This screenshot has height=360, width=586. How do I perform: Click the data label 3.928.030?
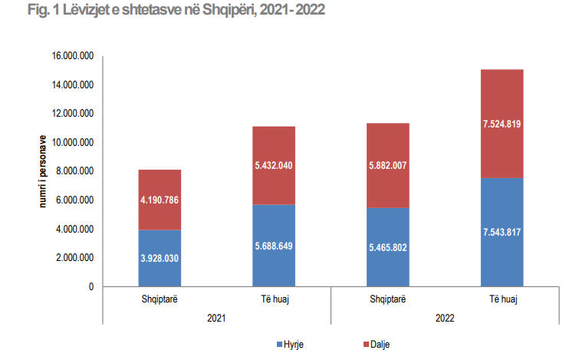[160, 259]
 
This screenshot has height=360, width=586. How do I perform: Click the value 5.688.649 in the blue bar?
[274, 246]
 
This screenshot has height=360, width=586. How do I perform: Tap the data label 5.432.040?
[274, 166]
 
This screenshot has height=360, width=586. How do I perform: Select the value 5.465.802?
[388, 248]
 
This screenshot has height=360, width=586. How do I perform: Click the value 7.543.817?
[502, 233]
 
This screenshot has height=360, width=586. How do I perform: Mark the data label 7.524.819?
[502, 124]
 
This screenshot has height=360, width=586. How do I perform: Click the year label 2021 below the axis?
[216, 316]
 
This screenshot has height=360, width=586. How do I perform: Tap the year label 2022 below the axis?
[445, 316]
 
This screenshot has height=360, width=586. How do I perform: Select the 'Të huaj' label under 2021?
[274, 298]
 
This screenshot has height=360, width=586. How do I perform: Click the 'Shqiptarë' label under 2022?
[388, 298]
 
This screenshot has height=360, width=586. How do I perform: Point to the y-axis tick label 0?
[91, 287]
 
